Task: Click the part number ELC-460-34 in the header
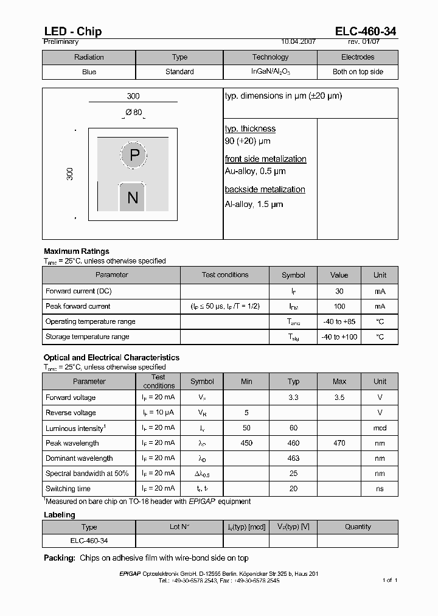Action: (366, 32)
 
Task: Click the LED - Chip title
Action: (72, 32)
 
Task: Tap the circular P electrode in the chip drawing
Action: (134, 155)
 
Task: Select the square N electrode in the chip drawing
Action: (132, 197)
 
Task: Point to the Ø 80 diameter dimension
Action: (133, 113)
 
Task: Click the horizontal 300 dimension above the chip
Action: (133, 96)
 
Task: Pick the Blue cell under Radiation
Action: (89, 72)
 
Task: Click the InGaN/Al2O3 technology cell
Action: (270, 72)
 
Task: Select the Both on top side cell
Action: (358, 72)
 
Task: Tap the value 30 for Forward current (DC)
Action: (339, 292)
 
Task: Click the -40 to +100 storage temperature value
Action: (339, 337)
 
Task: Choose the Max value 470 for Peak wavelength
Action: (339, 443)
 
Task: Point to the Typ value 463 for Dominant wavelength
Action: (293, 458)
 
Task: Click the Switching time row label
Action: (68, 489)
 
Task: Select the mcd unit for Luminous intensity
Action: (380, 428)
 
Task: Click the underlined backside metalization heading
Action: (265, 189)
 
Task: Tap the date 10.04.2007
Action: (298, 42)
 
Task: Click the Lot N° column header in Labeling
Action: (179, 527)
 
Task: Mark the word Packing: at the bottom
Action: (60, 558)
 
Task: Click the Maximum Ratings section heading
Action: (77, 251)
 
